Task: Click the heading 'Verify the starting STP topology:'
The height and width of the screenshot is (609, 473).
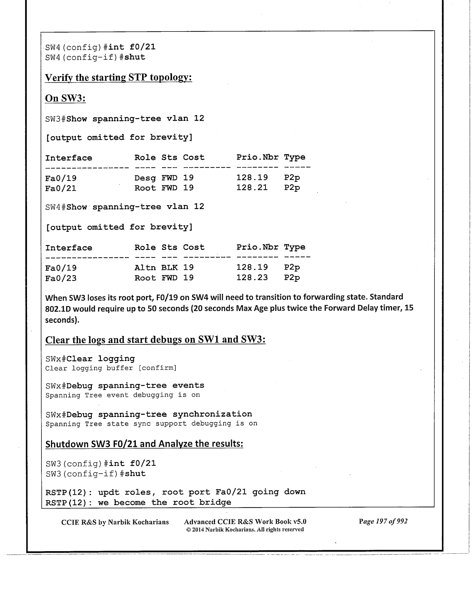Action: pyautogui.click(x=118, y=78)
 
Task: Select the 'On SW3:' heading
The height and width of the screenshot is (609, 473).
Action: pyautogui.click(x=66, y=98)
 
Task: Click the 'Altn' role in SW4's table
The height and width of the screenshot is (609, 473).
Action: pyautogui.click(x=145, y=268)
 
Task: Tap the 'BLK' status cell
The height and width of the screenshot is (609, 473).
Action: pyautogui.click(x=169, y=268)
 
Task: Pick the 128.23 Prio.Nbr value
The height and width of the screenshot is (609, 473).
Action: pyautogui.click(x=252, y=278)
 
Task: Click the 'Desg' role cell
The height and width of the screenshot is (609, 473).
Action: pyautogui.click(x=145, y=178)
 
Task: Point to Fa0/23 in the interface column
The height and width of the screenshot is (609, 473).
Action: pyautogui.click(x=61, y=278)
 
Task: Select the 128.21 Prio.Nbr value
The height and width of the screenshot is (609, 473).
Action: pyautogui.click(x=252, y=188)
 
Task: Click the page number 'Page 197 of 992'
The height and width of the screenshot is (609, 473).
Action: pyautogui.click(x=383, y=521)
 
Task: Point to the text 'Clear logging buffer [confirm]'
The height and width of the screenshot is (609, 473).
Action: pyautogui.click(x=111, y=368)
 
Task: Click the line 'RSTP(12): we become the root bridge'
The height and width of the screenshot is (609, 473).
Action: pyautogui.click(x=138, y=502)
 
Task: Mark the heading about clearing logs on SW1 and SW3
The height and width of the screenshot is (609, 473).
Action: pyautogui.click(x=155, y=340)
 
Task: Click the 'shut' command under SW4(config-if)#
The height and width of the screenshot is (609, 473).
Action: pyautogui.click(x=135, y=57)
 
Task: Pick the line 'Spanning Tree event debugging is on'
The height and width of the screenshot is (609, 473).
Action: pyautogui.click(x=123, y=395)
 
